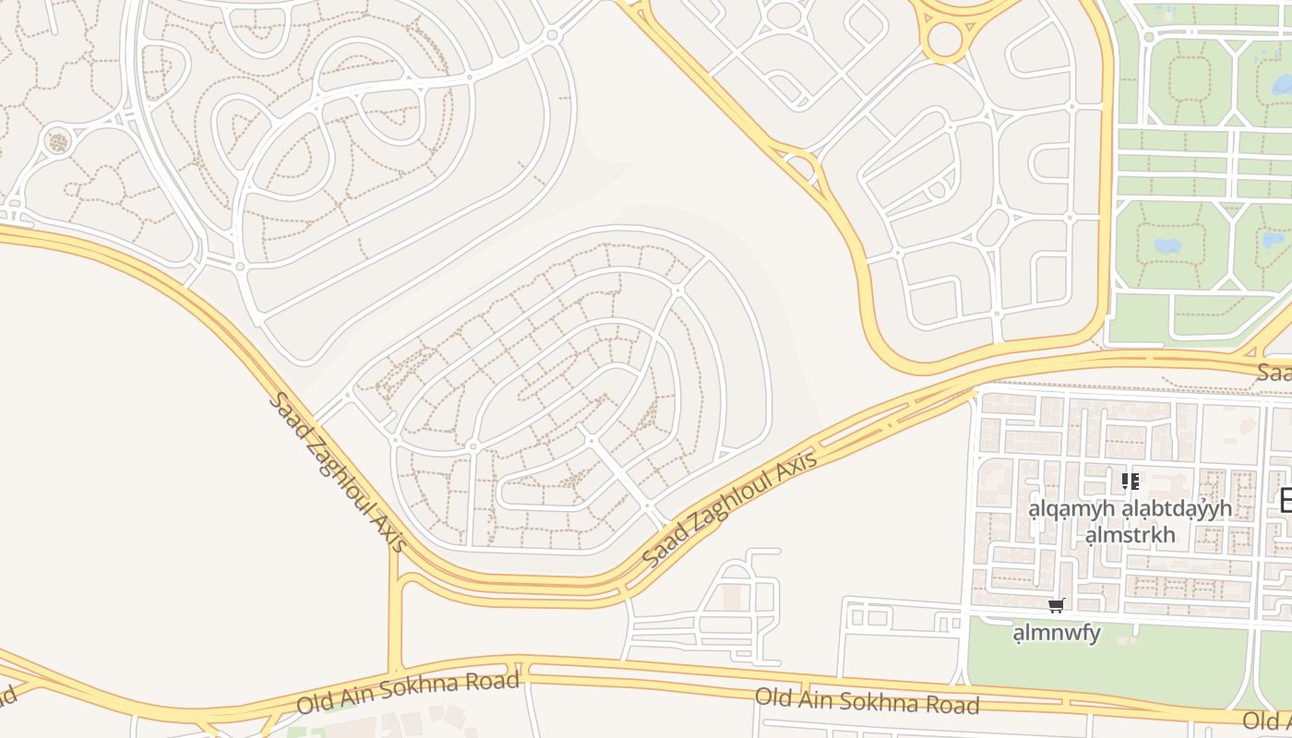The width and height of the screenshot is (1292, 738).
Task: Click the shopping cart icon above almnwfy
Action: [x=1057, y=606]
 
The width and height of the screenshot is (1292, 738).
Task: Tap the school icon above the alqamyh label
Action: [x=1130, y=481]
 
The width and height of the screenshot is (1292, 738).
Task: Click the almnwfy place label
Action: [x=1057, y=633]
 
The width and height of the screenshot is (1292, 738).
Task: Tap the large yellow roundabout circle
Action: [x=945, y=40]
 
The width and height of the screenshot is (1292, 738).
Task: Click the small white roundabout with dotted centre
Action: [x=57, y=141]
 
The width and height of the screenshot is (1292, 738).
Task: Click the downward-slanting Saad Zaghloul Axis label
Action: [x=339, y=471]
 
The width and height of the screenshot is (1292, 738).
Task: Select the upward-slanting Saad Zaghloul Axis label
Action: [x=729, y=510]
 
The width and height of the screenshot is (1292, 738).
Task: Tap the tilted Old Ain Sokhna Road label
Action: [x=408, y=694]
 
